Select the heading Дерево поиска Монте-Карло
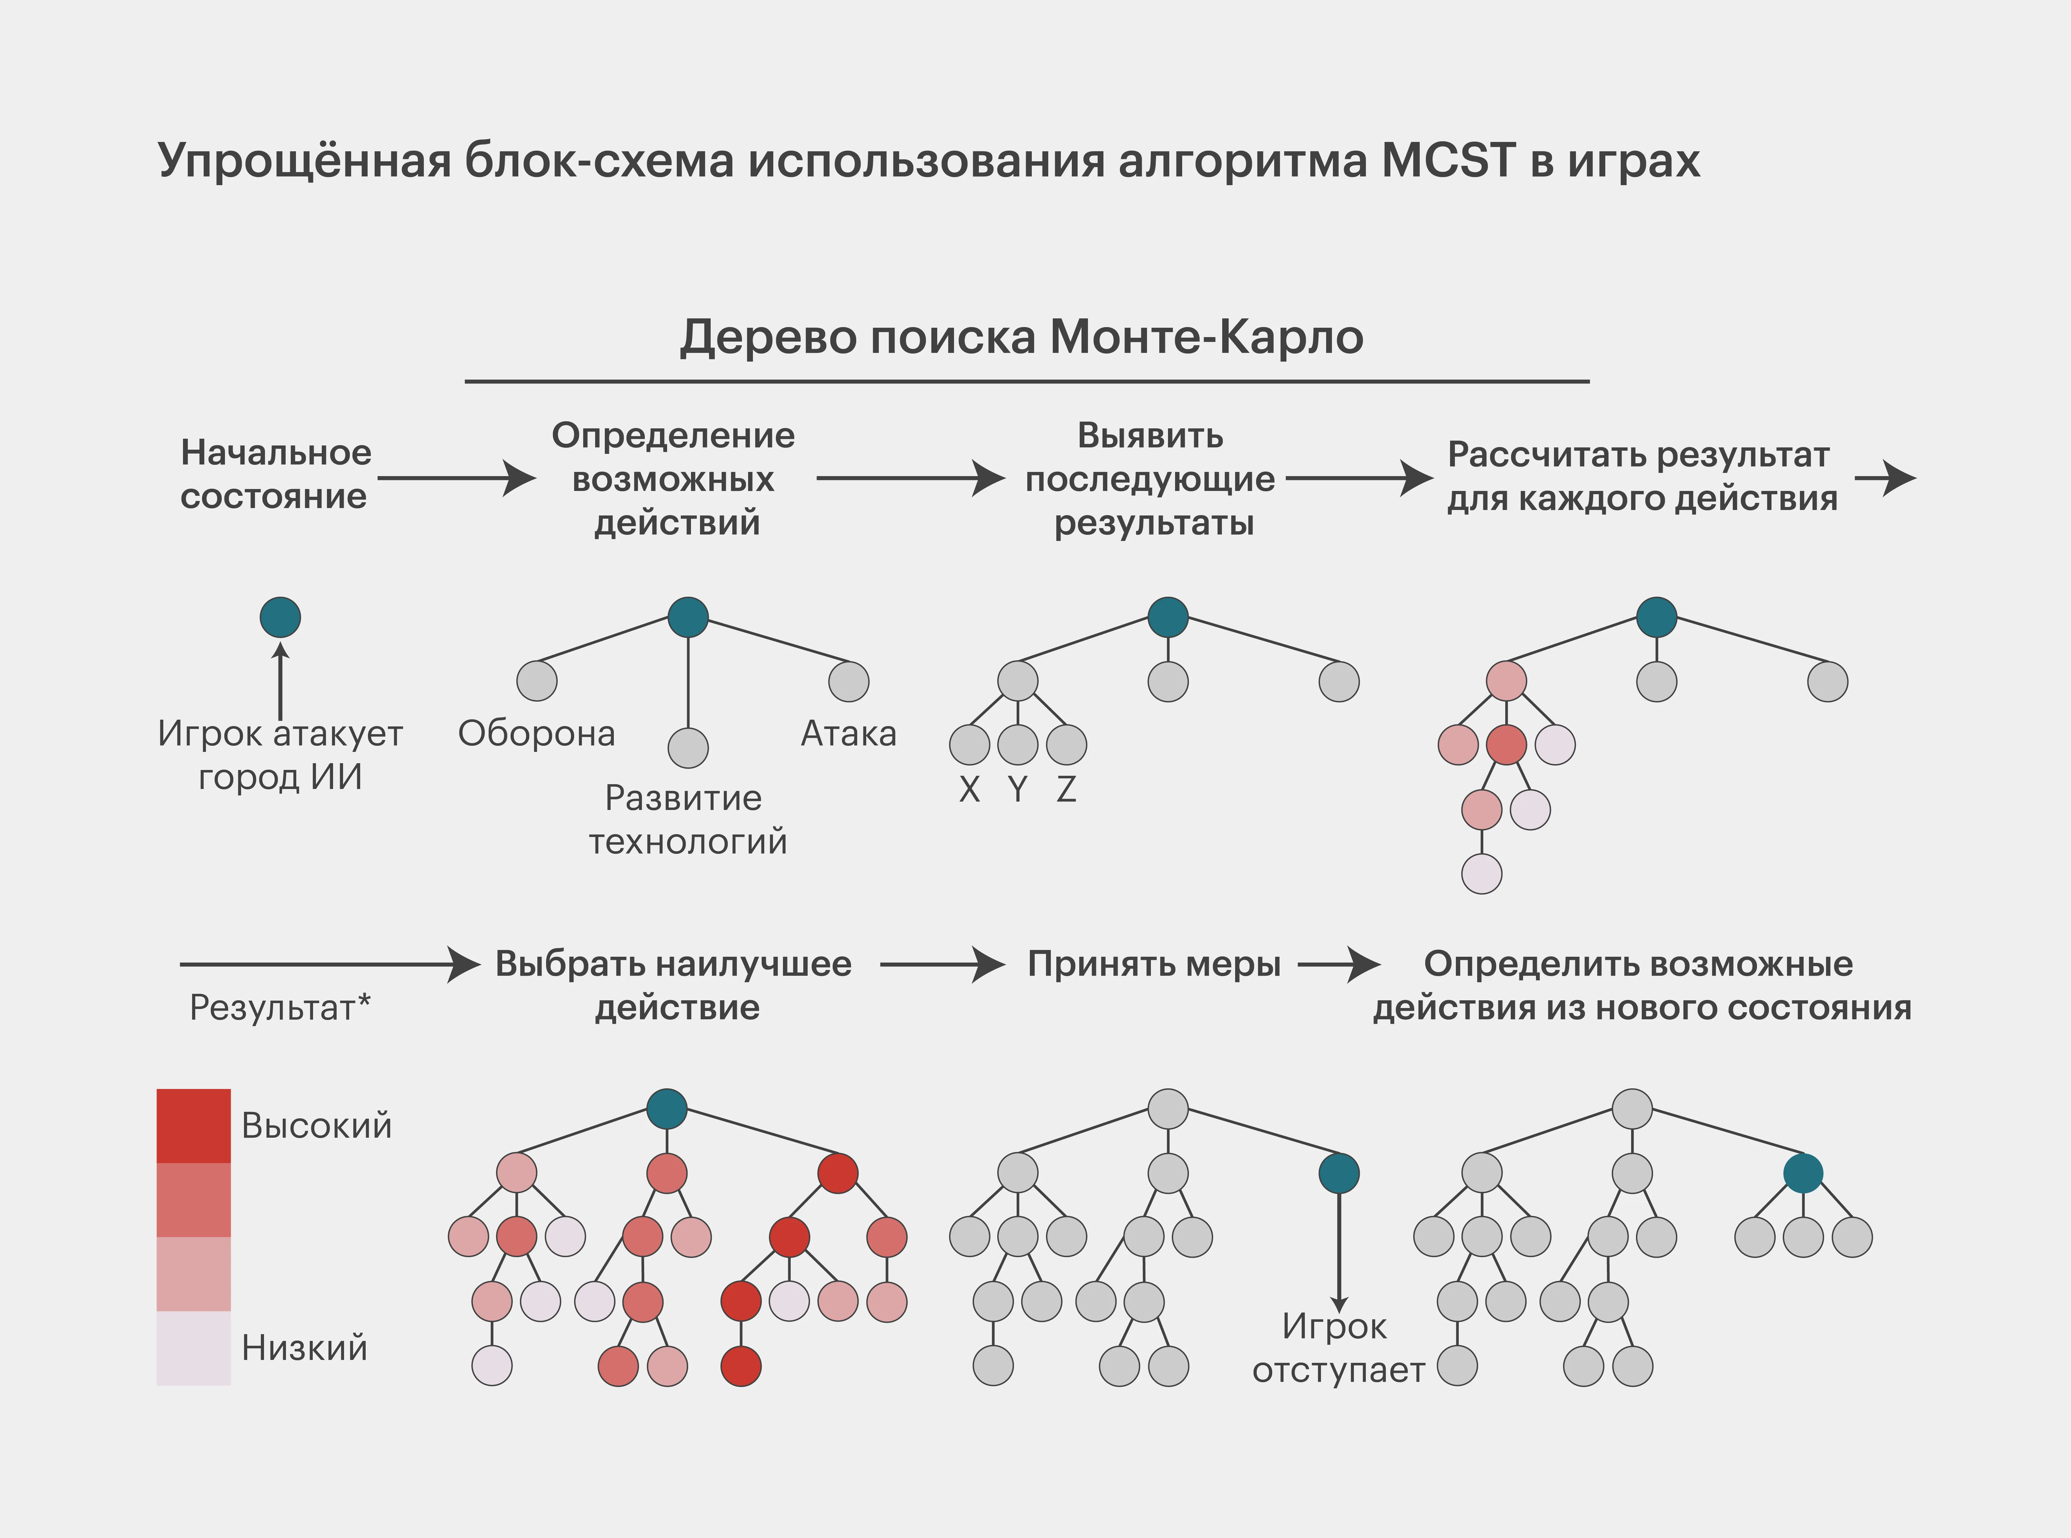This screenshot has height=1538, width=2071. (x=1021, y=337)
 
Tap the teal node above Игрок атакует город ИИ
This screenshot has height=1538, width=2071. (x=280, y=617)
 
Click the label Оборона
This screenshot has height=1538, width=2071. (x=536, y=734)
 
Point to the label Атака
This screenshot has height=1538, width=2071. (x=848, y=734)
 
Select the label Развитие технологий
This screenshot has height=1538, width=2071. (x=687, y=819)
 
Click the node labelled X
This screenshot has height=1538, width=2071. (x=970, y=745)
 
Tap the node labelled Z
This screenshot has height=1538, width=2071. (x=1066, y=745)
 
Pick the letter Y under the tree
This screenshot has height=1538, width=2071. (x=1018, y=789)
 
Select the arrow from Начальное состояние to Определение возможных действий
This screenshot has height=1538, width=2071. (x=456, y=479)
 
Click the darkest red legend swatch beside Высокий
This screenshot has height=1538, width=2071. (x=194, y=1125)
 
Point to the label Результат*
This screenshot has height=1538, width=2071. (x=279, y=1007)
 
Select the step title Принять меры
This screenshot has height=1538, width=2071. (x=1154, y=964)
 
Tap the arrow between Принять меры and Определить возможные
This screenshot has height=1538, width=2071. (x=1338, y=965)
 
